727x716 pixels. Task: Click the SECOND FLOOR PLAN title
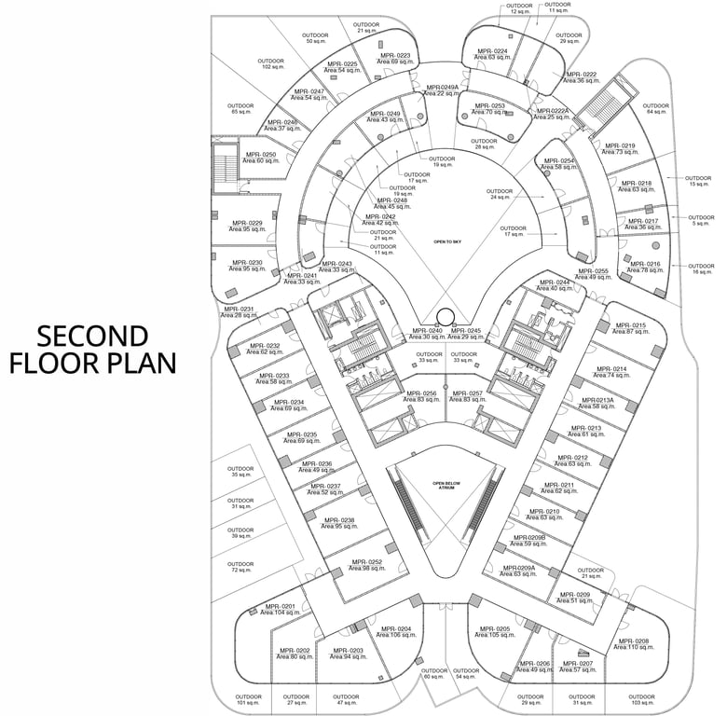[x=93, y=349]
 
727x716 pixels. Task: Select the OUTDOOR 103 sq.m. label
[x=642, y=699]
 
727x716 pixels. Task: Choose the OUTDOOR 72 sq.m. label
[x=240, y=567]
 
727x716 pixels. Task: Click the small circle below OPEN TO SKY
[x=446, y=317]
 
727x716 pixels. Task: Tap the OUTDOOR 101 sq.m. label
[x=247, y=699]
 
